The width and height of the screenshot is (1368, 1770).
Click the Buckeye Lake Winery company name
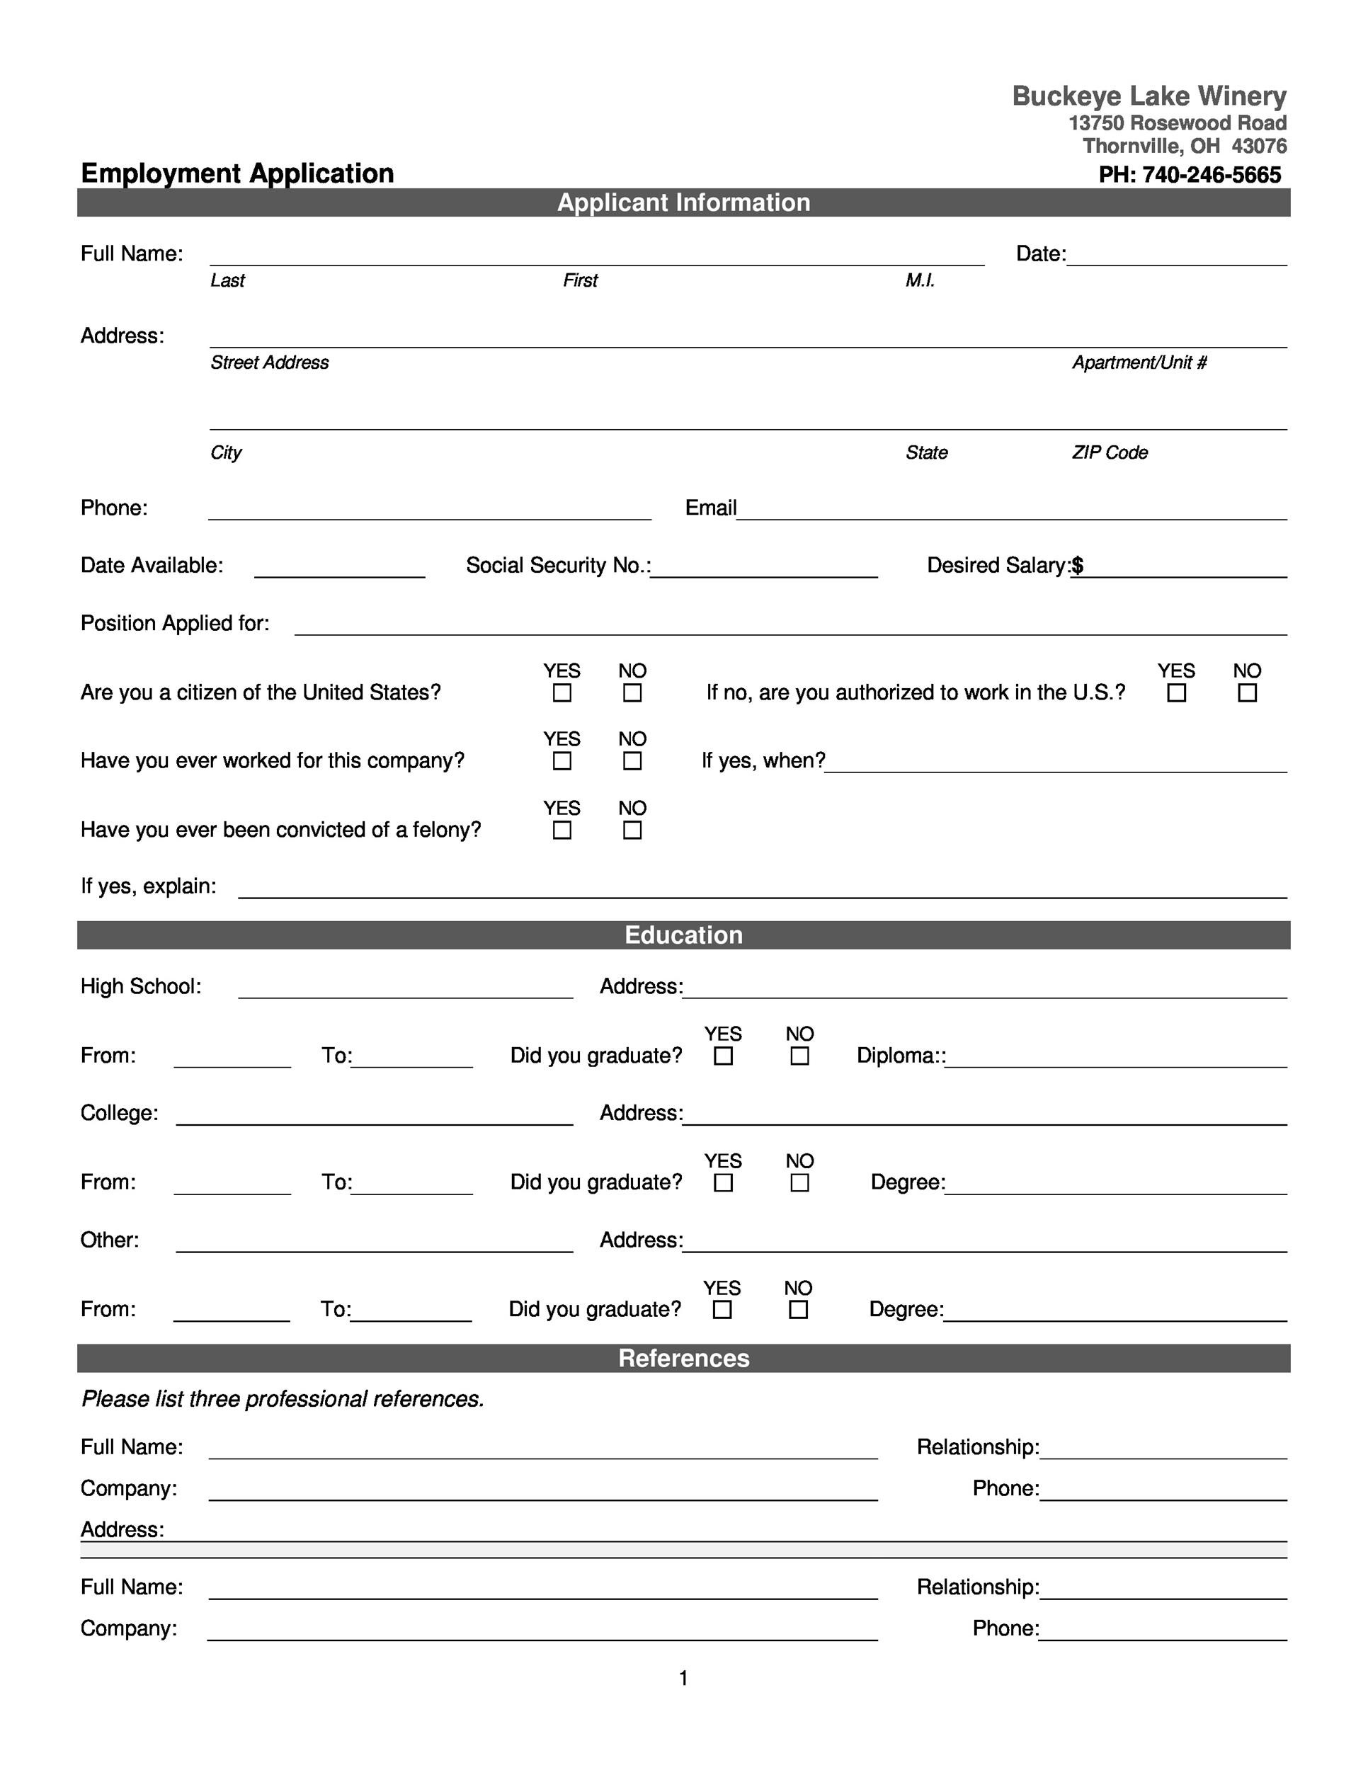[x=1148, y=96]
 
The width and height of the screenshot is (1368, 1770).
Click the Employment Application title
[x=236, y=173]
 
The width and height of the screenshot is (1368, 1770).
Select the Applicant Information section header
[x=683, y=202]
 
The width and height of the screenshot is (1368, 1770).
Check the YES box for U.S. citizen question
[x=562, y=693]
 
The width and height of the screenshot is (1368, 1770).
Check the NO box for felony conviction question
[x=632, y=830]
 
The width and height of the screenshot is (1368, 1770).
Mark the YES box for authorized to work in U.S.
[x=1176, y=693]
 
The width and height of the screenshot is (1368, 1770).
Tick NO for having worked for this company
[x=632, y=761]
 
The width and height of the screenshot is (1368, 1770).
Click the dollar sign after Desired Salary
[x=1077, y=566]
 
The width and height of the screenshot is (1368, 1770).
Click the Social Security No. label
[x=557, y=566]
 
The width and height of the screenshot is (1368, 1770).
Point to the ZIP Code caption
[x=1109, y=452]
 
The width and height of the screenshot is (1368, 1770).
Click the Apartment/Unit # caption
[x=1139, y=362]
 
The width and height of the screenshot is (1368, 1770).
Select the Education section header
[x=683, y=935]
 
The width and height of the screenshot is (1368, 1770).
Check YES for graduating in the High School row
[x=723, y=1056]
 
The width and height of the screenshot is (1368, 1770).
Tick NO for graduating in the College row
[x=799, y=1183]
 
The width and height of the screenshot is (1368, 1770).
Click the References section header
[x=683, y=1358]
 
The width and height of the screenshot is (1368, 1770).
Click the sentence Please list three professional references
[x=283, y=1400]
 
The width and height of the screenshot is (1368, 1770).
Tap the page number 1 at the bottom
[x=683, y=1679]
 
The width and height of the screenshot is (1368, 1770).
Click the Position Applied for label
[x=174, y=623]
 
